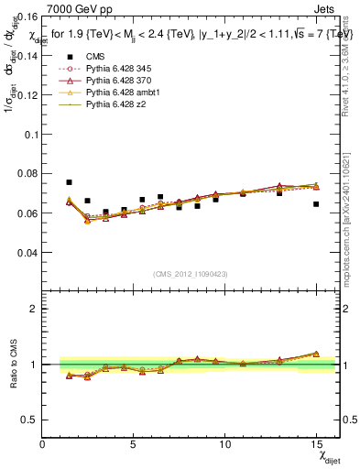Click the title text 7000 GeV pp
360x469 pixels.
click(76, 8)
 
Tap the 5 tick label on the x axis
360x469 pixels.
click(133, 444)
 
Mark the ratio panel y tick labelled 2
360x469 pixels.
click(35, 309)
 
